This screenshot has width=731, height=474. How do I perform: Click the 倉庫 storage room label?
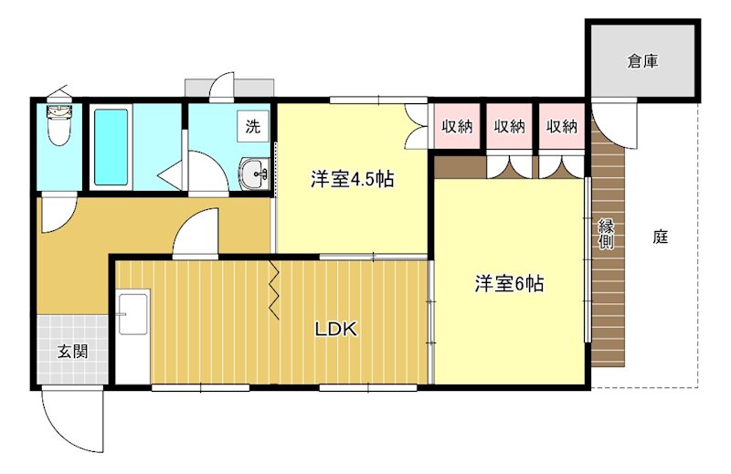[x=642, y=62]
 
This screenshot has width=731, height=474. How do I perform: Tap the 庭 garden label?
[x=661, y=237]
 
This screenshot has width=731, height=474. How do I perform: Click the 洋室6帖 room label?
[x=509, y=284]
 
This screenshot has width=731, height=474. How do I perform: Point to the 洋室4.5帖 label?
[x=352, y=180]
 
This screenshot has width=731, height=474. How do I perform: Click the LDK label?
[x=335, y=329]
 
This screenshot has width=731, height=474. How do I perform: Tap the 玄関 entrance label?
[x=73, y=351]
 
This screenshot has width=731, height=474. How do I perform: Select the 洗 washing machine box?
[x=252, y=126]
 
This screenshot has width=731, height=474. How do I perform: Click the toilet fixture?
[x=60, y=125]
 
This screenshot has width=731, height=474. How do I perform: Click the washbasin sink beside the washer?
[x=255, y=172]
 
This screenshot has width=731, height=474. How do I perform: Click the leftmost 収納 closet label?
[x=457, y=127]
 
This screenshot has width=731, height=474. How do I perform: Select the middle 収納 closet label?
[x=510, y=127]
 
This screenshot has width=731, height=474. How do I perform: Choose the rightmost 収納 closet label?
[x=563, y=127]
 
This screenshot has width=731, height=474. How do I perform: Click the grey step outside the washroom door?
[x=228, y=88]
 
